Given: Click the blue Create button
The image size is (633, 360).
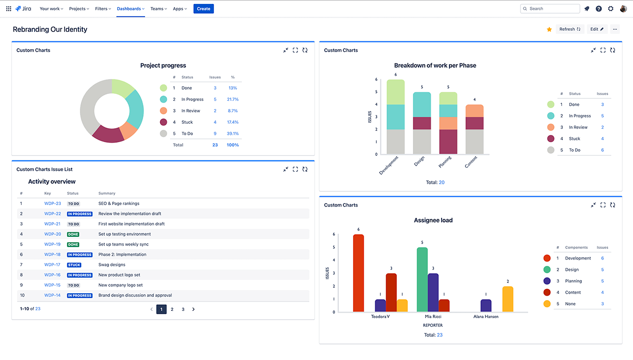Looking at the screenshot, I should (204, 9).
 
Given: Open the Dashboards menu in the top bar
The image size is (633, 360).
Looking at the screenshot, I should (130, 9).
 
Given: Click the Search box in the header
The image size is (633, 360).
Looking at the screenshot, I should (550, 9).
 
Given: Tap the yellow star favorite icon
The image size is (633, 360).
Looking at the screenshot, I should (549, 29).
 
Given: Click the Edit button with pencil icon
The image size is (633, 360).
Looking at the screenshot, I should (596, 29).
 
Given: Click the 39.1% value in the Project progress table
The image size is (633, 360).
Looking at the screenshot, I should (233, 133).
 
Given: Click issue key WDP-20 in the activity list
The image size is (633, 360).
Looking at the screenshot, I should (53, 234).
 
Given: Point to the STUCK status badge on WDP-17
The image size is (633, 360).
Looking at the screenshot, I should (74, 265).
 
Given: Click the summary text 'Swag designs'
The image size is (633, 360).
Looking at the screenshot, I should (112, 265).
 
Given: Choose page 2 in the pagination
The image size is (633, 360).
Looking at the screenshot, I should (172, 309).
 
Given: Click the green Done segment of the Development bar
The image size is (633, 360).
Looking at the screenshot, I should (395, 92).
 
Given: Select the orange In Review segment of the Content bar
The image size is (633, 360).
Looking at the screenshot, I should (474, 111).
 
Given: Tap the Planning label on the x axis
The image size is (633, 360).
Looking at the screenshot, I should (445, 162).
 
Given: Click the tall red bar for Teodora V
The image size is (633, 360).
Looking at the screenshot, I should (358, 273).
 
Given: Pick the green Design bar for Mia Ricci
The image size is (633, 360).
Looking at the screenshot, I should (422, 280).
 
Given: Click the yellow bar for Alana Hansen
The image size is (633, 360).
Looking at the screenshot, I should (507, 299).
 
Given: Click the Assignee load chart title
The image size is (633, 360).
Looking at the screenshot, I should (433, 220).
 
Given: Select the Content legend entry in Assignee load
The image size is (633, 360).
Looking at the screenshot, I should (573, 292).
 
